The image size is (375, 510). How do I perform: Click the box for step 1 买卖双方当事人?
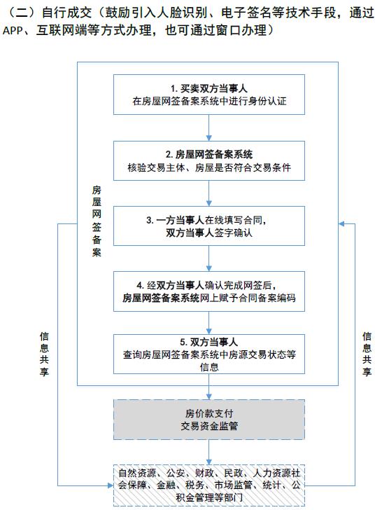pos(209,95)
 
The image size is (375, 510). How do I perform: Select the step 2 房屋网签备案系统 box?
pos(209,160)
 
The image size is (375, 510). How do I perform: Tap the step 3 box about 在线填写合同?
pos(209,226)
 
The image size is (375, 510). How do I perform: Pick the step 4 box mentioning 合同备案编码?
pos(209,291)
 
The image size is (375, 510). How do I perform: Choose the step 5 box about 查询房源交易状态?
pos(209,354)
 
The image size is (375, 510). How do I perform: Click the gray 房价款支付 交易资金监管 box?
pos(209,420)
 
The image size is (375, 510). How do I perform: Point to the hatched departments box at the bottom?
pos(209,485)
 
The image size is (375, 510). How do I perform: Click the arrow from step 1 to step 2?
pos(209,127)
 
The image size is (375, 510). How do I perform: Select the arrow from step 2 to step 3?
pos(209,193)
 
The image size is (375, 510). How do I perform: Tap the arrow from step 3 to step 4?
pos(209,259)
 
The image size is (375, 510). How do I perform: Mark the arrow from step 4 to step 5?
pos(209,323)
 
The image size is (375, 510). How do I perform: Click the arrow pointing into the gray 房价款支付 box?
pos(209,387)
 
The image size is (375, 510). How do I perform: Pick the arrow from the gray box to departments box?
pos(209,453)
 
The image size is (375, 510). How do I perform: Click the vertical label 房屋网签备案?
pos(97,221)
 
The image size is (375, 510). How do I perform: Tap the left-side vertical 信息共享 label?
pos(44,354)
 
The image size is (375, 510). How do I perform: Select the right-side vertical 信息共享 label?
pos(367,354)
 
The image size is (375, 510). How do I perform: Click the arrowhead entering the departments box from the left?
pos(111,485)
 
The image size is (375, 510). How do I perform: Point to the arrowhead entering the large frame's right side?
pos(341,223)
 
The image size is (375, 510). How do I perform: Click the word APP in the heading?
pos(13,31)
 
